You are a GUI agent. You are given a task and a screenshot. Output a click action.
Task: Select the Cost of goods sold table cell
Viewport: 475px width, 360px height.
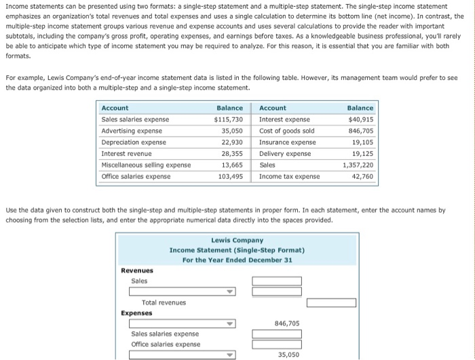click(x=286, y=131)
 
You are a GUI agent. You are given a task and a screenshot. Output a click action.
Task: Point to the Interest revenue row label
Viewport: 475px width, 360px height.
click(x=125, y=154)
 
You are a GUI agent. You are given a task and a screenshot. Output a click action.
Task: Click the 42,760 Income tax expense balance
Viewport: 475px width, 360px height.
click(x=362, y=177)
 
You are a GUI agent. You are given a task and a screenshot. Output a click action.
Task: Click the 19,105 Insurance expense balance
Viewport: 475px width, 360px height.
click(x=362, y=142)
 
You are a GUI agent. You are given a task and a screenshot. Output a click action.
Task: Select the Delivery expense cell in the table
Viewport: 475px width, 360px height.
click(x=285, y=154)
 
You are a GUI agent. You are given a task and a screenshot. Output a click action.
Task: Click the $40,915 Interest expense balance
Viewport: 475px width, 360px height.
click(x=360, y=119)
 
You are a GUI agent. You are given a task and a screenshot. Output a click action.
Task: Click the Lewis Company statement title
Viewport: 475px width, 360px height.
click(x=237, y=240)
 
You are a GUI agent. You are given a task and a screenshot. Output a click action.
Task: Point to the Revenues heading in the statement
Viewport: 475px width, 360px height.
click(x=136, y=270)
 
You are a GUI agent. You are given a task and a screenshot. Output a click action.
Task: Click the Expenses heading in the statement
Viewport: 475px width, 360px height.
click(x=136, y=313)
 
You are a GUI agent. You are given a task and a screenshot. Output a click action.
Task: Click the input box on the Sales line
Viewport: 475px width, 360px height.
click(x=277, y=281)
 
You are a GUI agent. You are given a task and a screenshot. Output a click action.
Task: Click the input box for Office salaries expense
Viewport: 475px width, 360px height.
click(x=277, y=344)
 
